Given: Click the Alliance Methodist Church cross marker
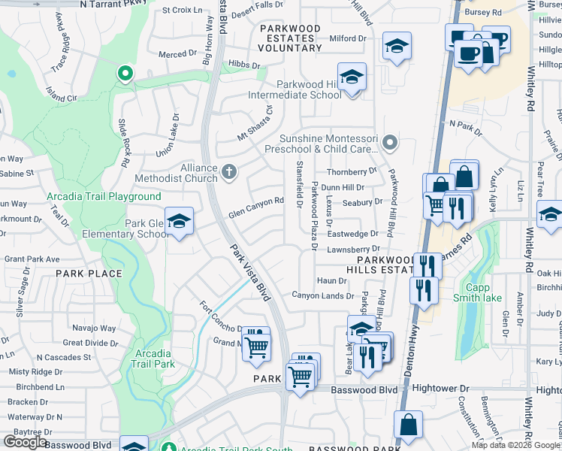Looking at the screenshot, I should pos(230,174).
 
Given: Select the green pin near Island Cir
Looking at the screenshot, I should pos(124,74).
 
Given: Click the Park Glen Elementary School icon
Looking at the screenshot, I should pos(179,222).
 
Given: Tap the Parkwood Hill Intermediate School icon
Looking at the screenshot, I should pos(350,78).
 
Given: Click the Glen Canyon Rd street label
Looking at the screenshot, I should pos(256,205).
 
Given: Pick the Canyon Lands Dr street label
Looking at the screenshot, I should pos(322,295).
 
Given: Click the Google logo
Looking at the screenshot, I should pos(25,442).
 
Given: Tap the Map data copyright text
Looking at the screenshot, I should pos(515,445).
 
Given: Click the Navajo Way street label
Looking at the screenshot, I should pos(94,328).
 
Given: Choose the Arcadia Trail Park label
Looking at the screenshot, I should pos(154,359).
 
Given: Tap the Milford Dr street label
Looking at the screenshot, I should pos(347,38).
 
